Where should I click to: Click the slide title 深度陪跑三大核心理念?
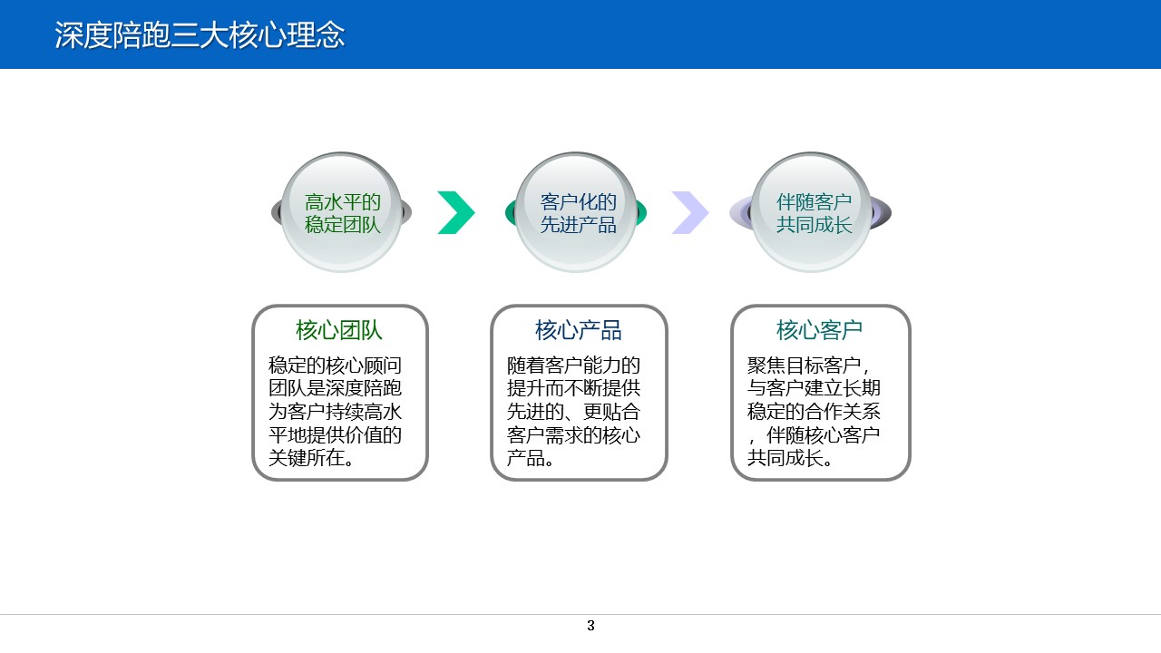[200, 35]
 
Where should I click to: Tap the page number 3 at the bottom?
[590, 626]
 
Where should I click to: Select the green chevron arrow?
[456, 213]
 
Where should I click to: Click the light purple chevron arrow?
[690, 213]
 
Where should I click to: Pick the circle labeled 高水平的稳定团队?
[341, 213]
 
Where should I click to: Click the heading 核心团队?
[339, 330]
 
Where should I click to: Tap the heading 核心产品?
[579, 330]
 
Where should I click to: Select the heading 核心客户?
[819, 330]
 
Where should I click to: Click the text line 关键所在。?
[311, 459]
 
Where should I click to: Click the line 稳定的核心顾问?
[335, 366]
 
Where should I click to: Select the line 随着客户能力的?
[573, 366]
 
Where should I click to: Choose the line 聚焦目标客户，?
[809, 366]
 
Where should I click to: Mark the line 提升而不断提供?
[573, 389]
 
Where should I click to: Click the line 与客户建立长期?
[814, 389]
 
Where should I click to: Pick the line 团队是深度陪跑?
[335, 389]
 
